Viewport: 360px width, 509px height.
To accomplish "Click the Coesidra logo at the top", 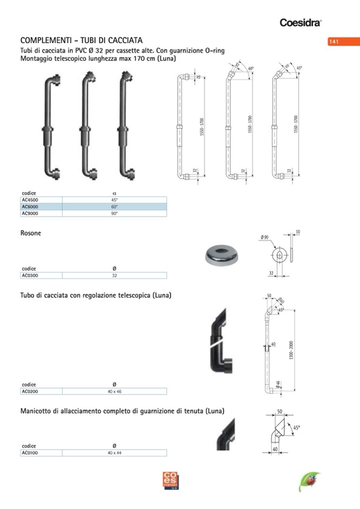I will [x=301, y=22].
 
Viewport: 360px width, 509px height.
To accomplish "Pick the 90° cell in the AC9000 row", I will [x=114, y=213].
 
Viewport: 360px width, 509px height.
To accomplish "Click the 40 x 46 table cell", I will [x=114, y=391].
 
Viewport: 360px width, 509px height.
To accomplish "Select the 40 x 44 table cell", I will [x=114, y=453].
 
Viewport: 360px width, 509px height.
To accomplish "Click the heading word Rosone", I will [x=30, y=233].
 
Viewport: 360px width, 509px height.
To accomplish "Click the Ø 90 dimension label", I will [x=265, y=237].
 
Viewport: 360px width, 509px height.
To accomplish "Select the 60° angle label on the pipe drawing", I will [x=251, y=69].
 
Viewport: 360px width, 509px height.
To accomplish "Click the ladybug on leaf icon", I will [x=309, y=481].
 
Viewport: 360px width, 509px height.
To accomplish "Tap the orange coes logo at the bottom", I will [x=171, y=480].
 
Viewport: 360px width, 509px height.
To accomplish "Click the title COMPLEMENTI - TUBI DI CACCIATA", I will [x=81, y=40].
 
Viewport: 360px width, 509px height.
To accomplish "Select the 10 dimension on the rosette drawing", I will [x=297, y=232].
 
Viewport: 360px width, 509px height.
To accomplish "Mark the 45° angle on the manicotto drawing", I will [x=296, y=428].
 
